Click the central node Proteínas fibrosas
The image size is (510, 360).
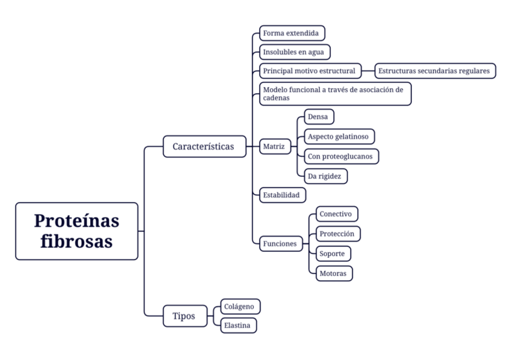[x=76, y=231]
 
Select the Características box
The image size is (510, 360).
[x=204, y=146]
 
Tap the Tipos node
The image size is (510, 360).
[x=184, y=316]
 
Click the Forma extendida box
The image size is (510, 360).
[x=292, y=33]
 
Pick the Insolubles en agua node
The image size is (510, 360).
[x=294, y=52]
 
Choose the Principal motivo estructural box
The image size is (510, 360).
[x=310, y=70]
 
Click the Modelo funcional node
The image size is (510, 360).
[x=335, y=94]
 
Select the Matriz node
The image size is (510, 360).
[x=275, y=146]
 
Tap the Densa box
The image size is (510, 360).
[x=318, y=116]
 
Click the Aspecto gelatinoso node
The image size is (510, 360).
[x=339, y=136]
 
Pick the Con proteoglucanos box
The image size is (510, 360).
[x=341, y=156]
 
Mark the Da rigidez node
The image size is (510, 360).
[x=325, y=176]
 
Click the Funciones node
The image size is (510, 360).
[x=280, y=243]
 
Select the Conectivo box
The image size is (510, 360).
[x=337, y=214]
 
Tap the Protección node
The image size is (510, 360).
[x=337, y=233]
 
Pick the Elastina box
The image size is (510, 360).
[x=238, y=325]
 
